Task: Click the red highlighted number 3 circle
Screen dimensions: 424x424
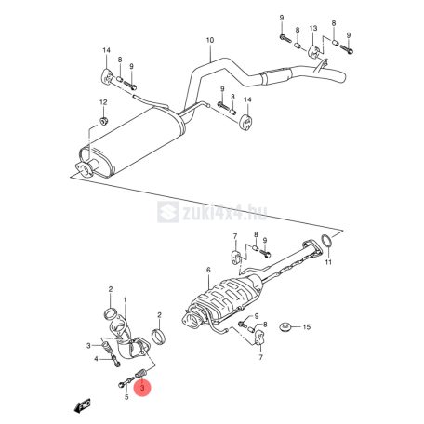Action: [142, 388]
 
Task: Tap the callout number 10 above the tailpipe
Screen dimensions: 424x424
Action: [210, 40]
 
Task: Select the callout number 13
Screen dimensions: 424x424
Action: [313, 28]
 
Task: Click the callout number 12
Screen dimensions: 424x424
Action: [103, 102]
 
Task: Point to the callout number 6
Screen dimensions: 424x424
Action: [208, 270]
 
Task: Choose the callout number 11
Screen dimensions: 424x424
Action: [328, 262]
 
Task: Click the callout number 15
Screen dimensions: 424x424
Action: [307, 326]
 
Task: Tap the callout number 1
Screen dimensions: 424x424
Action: [125, 299]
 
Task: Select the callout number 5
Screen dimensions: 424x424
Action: [126, 396]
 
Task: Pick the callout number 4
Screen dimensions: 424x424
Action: [96, 359]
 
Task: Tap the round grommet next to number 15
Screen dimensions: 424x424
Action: [285, 326]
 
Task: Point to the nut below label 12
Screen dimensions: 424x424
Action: [103, 121]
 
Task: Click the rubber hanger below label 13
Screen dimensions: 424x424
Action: [314, 52]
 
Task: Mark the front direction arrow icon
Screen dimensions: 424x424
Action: [83, 405]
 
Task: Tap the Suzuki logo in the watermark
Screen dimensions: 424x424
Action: [168, 212]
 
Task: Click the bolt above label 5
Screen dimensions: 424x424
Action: [126, 382]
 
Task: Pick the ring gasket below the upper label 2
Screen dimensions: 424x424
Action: [111, 313]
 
